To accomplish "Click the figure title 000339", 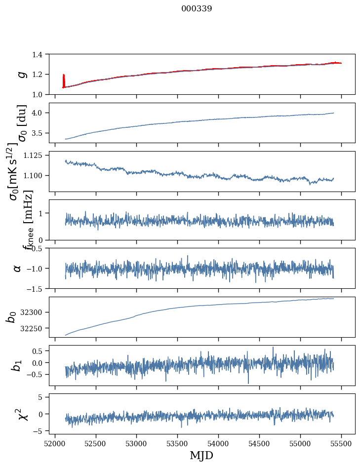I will pos(197,8).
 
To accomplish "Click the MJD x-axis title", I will pos(201,455).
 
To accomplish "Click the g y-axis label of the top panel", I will pos(21,74).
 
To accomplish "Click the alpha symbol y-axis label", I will pos(17,268).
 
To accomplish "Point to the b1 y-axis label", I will pos(17,365).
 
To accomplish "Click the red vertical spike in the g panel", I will pos(64,80).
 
